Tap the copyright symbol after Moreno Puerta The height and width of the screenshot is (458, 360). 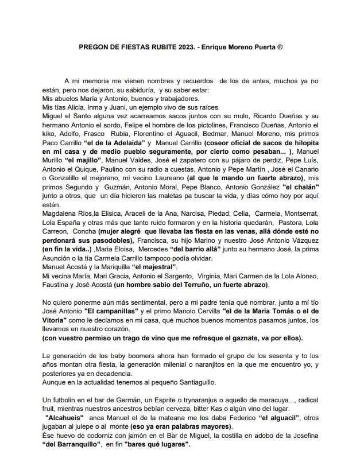tap(280, 48)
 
